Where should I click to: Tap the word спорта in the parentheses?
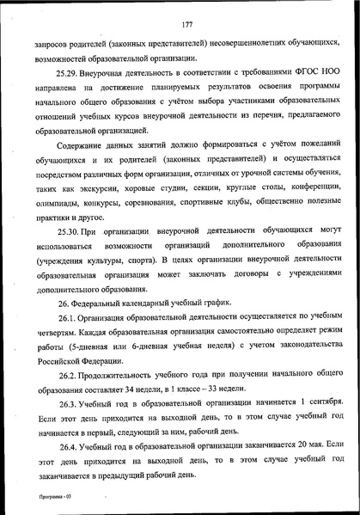click(x=135, y=281)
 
